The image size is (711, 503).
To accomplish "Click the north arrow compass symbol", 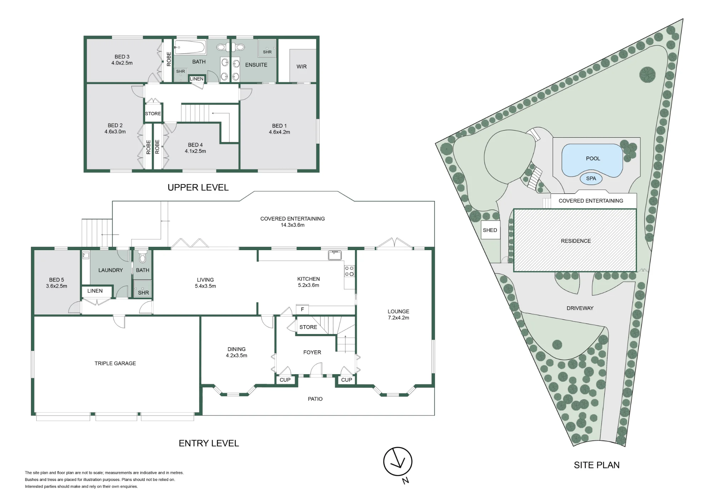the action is point(398,462).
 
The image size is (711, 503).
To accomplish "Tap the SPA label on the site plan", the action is point(591,179).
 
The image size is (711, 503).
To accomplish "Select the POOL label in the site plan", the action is point(593,159).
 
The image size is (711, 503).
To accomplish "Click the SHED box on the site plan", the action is point(490,230).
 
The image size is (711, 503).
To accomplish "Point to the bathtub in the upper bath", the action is point(190,47).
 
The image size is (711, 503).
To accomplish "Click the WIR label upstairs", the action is point(301,67).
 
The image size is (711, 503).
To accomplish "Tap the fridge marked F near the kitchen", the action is point(302,309).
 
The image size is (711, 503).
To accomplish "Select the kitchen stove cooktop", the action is point(349,271).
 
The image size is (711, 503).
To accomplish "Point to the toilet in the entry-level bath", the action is point(143,257).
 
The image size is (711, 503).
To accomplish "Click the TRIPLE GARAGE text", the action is point(115,363).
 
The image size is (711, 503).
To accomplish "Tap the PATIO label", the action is point(315,399).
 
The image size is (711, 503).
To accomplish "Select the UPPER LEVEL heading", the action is point(198,187).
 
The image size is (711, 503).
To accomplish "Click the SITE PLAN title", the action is point(597,465).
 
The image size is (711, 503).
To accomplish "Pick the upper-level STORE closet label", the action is point(153,113).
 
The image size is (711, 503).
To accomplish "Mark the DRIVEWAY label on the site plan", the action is point(580,308).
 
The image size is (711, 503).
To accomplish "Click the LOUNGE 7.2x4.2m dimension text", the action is point(399,318).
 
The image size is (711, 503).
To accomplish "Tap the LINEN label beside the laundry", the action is point(95,291).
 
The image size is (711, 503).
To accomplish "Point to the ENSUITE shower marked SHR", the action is point(267,48).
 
